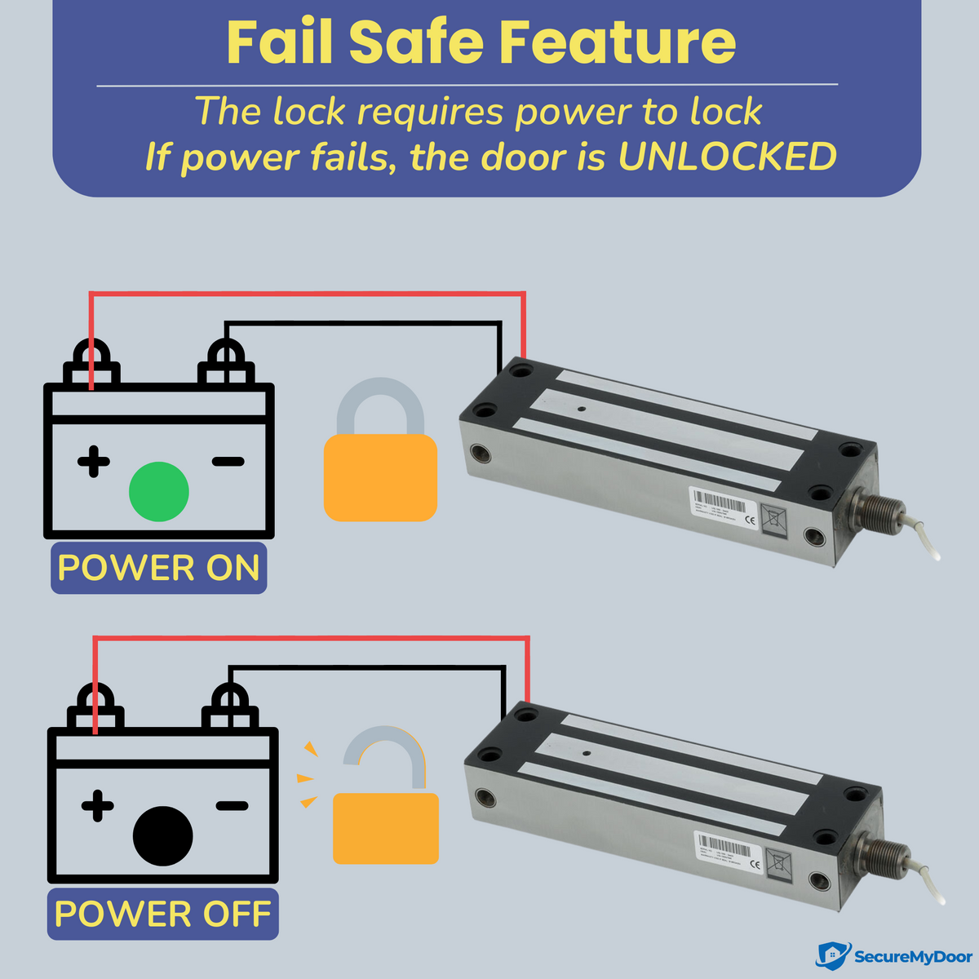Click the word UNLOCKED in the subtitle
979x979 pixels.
click(727, 157)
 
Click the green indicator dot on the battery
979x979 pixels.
click(159, 491)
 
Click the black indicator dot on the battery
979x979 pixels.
click(162, 836)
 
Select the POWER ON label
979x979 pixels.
click(159, 568)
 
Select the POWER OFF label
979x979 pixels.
click(162, 914)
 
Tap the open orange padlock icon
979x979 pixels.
click(385, 808)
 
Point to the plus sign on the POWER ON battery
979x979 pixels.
click(94, 462)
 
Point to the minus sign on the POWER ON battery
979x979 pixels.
click(228, 462)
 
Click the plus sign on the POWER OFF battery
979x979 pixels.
click(98, 807)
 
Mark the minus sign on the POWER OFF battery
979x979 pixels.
click(232, 807)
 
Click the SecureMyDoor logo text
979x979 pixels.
click(912, 956)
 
